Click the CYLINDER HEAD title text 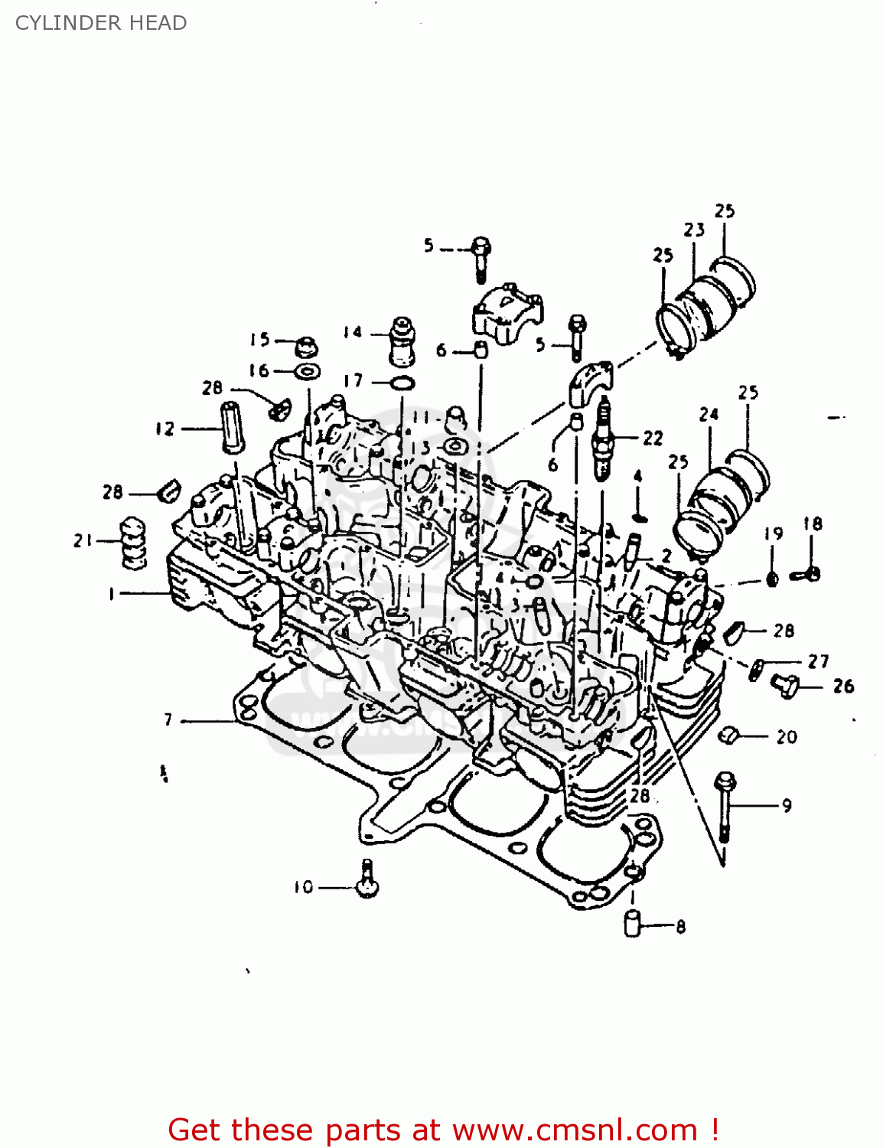pos(101,23)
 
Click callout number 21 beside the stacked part pos(83,540)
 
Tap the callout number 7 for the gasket pos(168,719)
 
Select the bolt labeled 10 pos(368,879)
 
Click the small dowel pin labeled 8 pos(632,923)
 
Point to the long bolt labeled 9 pos(725,807)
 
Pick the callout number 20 pos(787,737)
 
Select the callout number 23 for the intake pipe pos(694,230)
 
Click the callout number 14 pos(353,332)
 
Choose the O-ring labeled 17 pos(402,382)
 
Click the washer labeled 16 pos(308,372)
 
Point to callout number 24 pos(709,415)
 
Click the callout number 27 pos(819,661)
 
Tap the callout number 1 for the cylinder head pos(112,593)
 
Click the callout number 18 pos(813,524)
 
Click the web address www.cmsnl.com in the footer pos(574,1130)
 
